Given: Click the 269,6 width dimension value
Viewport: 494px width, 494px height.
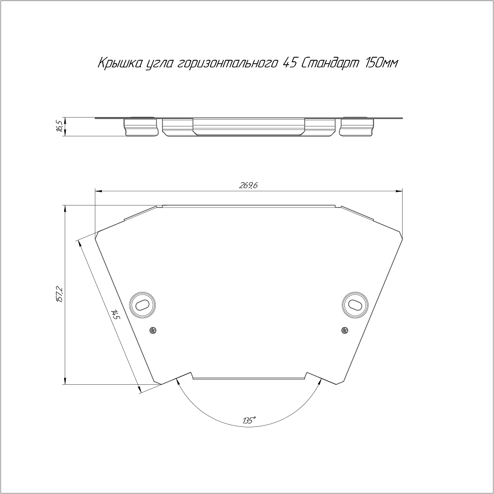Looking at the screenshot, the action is coord(248,186).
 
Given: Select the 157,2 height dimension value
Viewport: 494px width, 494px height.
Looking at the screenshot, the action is coord(60,294).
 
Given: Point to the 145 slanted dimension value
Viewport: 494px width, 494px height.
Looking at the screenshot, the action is coord(115,314).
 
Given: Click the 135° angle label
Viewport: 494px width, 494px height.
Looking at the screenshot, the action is coord(249,420).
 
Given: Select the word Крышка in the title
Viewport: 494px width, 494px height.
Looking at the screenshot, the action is coord(120,63).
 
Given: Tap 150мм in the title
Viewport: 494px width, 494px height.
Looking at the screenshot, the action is coord(381,63).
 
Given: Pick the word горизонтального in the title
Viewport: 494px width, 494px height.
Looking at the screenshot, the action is coord(227,64).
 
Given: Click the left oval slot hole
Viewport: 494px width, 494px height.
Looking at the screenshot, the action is coord(142,305).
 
